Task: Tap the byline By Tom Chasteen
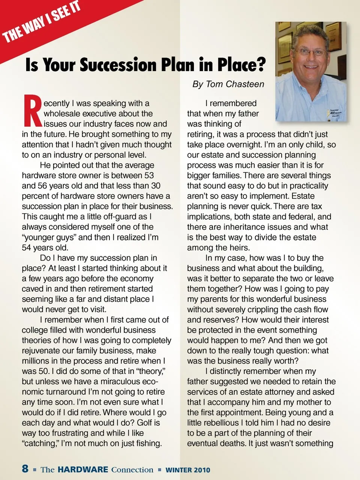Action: (228, 84)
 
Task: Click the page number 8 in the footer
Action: (25, 468)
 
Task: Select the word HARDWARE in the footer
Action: (83, 470)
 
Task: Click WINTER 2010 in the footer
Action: (188, 470)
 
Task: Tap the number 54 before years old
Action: (27, 248)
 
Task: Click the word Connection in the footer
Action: (132, 470)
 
